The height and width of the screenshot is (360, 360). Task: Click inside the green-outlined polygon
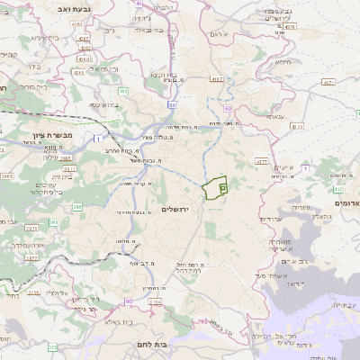coord(212,189)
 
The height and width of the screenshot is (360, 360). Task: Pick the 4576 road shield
coord(289,27)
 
